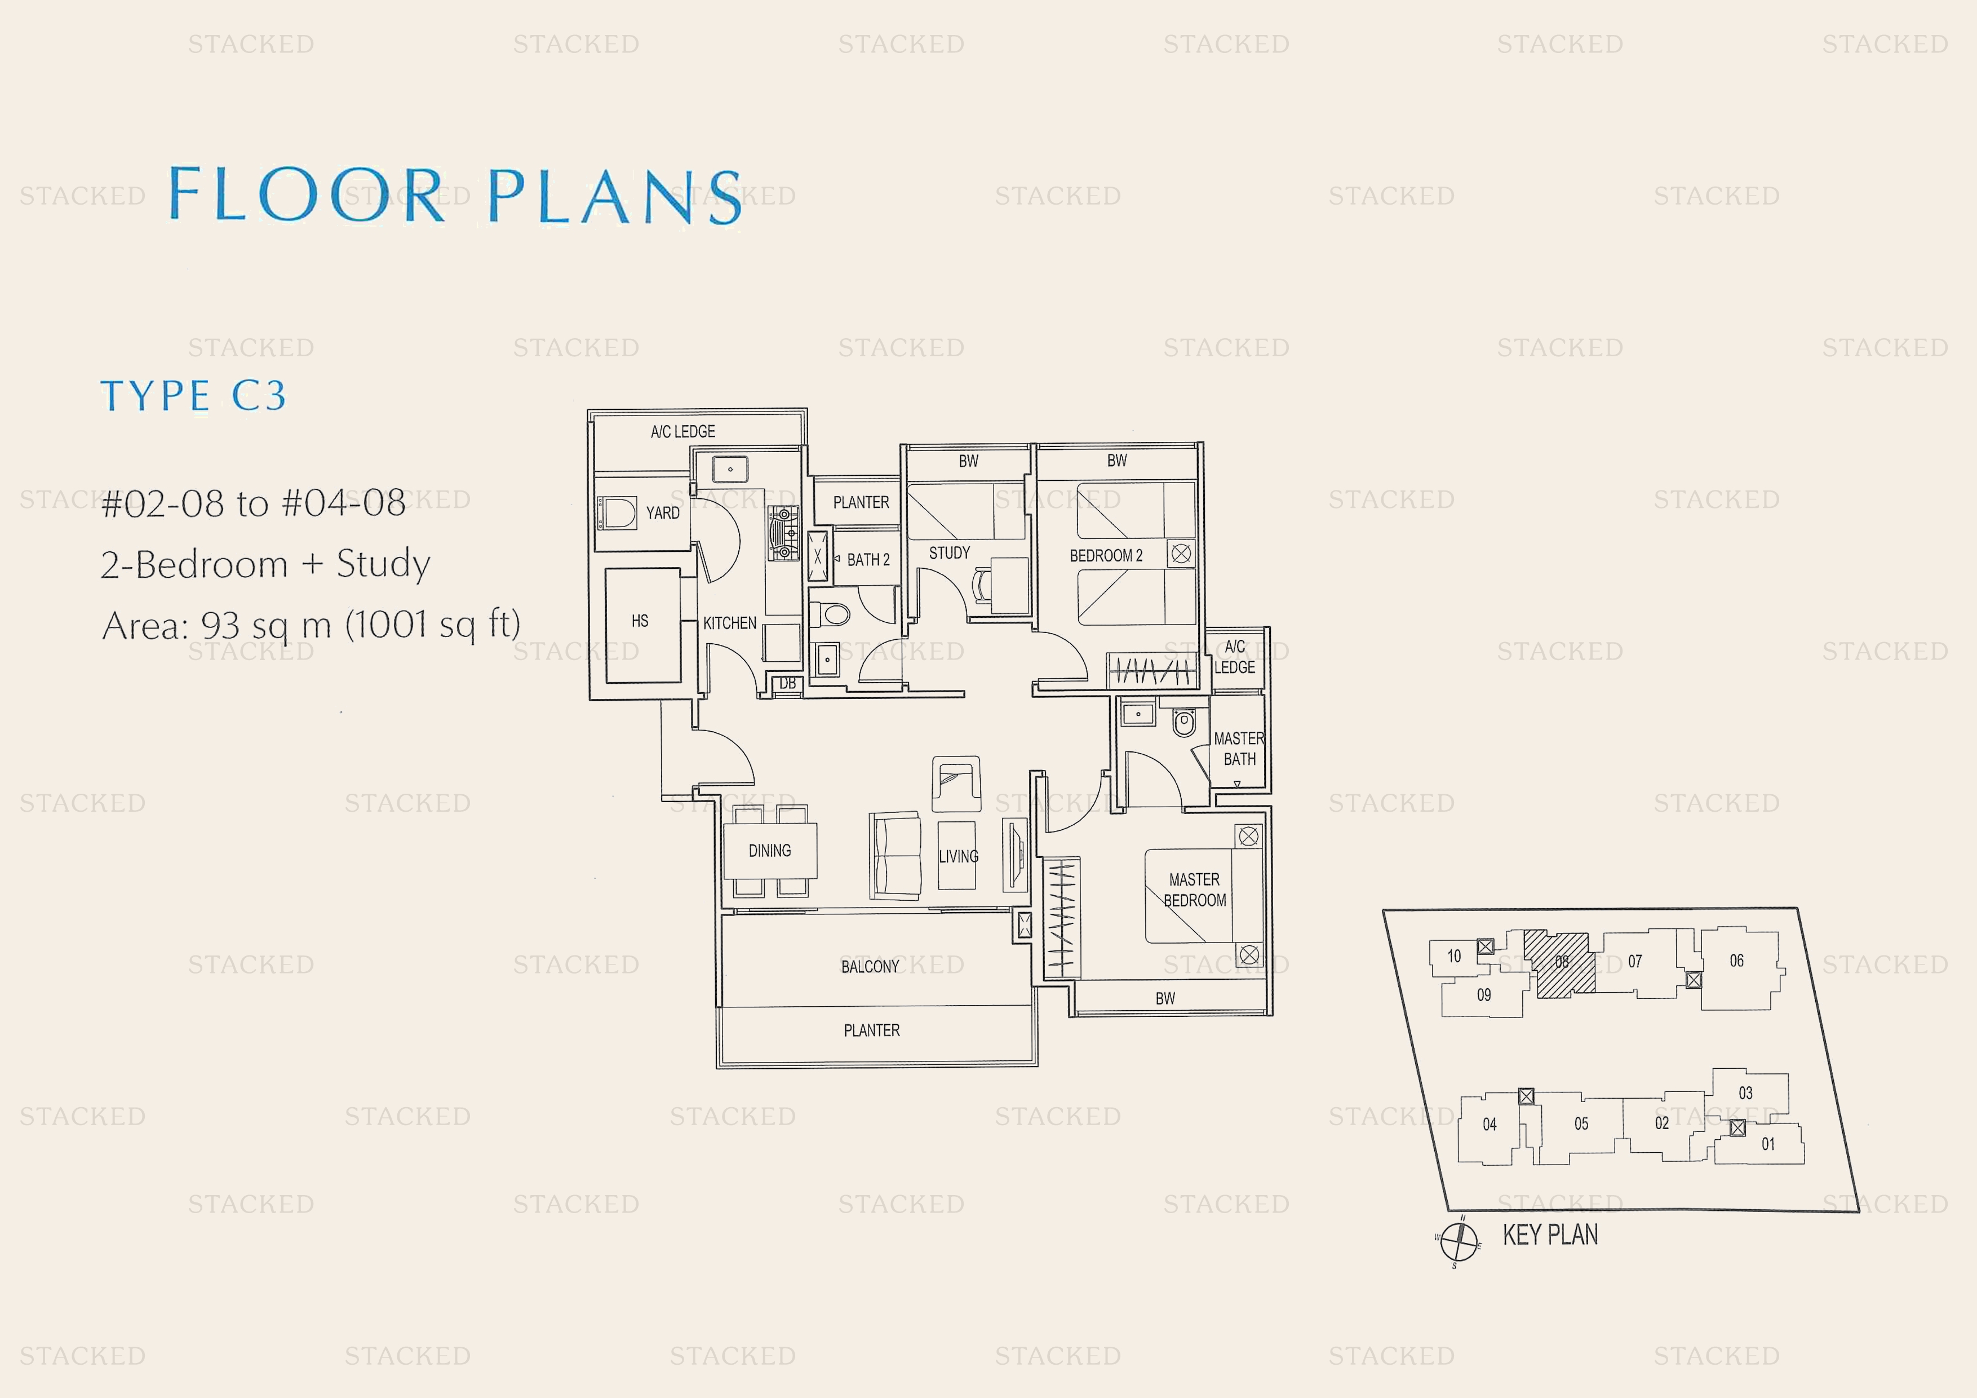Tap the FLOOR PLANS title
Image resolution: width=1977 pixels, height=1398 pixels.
(x=455, y=196)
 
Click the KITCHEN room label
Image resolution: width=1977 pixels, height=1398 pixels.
(x=729, y=623)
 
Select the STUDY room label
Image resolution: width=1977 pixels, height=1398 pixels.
(x=949, y=553)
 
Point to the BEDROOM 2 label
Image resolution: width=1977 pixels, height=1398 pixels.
(x=1106, y=556)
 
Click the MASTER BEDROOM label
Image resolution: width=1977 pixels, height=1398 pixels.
(x=1194, y=890)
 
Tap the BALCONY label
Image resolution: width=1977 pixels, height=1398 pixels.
(x=870, y=966)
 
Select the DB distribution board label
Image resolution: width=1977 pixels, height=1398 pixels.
(x=787, y=684)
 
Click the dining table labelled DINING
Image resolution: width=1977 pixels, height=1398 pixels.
(x=770, y=850)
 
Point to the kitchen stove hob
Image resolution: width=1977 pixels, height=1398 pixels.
(x=783, y=534)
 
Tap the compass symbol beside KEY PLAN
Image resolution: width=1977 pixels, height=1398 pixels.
(x=1458, y=1240)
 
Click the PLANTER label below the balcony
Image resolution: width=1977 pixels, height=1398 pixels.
(x=871, y=1030)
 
